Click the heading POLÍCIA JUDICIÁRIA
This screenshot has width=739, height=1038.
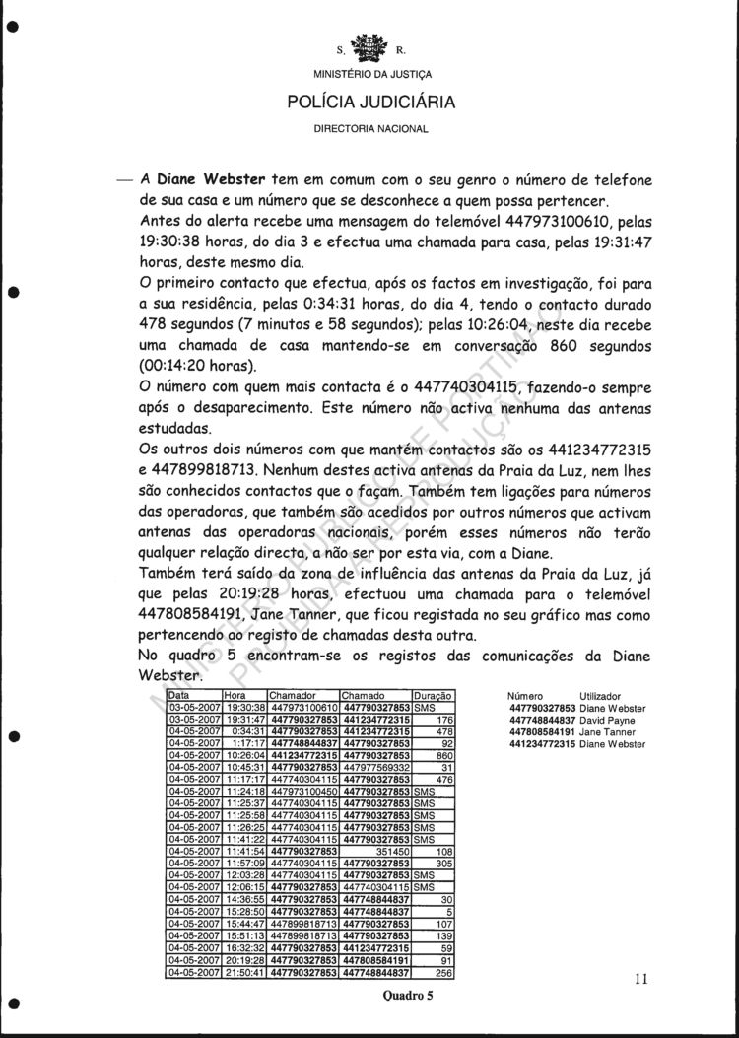(x=371, y=102)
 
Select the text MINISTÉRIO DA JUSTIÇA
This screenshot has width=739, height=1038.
(x=371, y=74)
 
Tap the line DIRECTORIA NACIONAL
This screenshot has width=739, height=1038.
(x=371, y=128)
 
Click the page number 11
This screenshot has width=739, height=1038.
(x=641, y=979)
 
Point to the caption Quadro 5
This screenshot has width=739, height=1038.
(x=408, y=996)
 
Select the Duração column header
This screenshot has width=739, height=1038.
(x=432, y=696)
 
